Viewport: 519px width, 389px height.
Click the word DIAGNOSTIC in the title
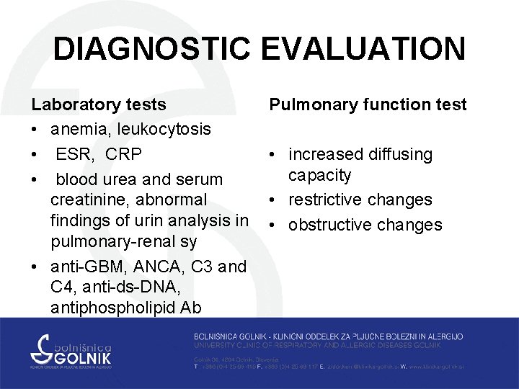click(x=151, y=50)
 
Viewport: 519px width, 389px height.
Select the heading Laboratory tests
click(x=99, y=104)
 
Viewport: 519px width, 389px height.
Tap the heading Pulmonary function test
click(x=368, y=104)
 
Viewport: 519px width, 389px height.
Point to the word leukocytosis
click(x=168, y=130)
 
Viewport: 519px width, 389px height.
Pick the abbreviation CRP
click(x=123, y=154)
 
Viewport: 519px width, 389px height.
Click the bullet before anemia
click(x=35, y=130)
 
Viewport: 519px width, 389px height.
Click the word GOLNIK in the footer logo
click(x=80, y=356)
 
